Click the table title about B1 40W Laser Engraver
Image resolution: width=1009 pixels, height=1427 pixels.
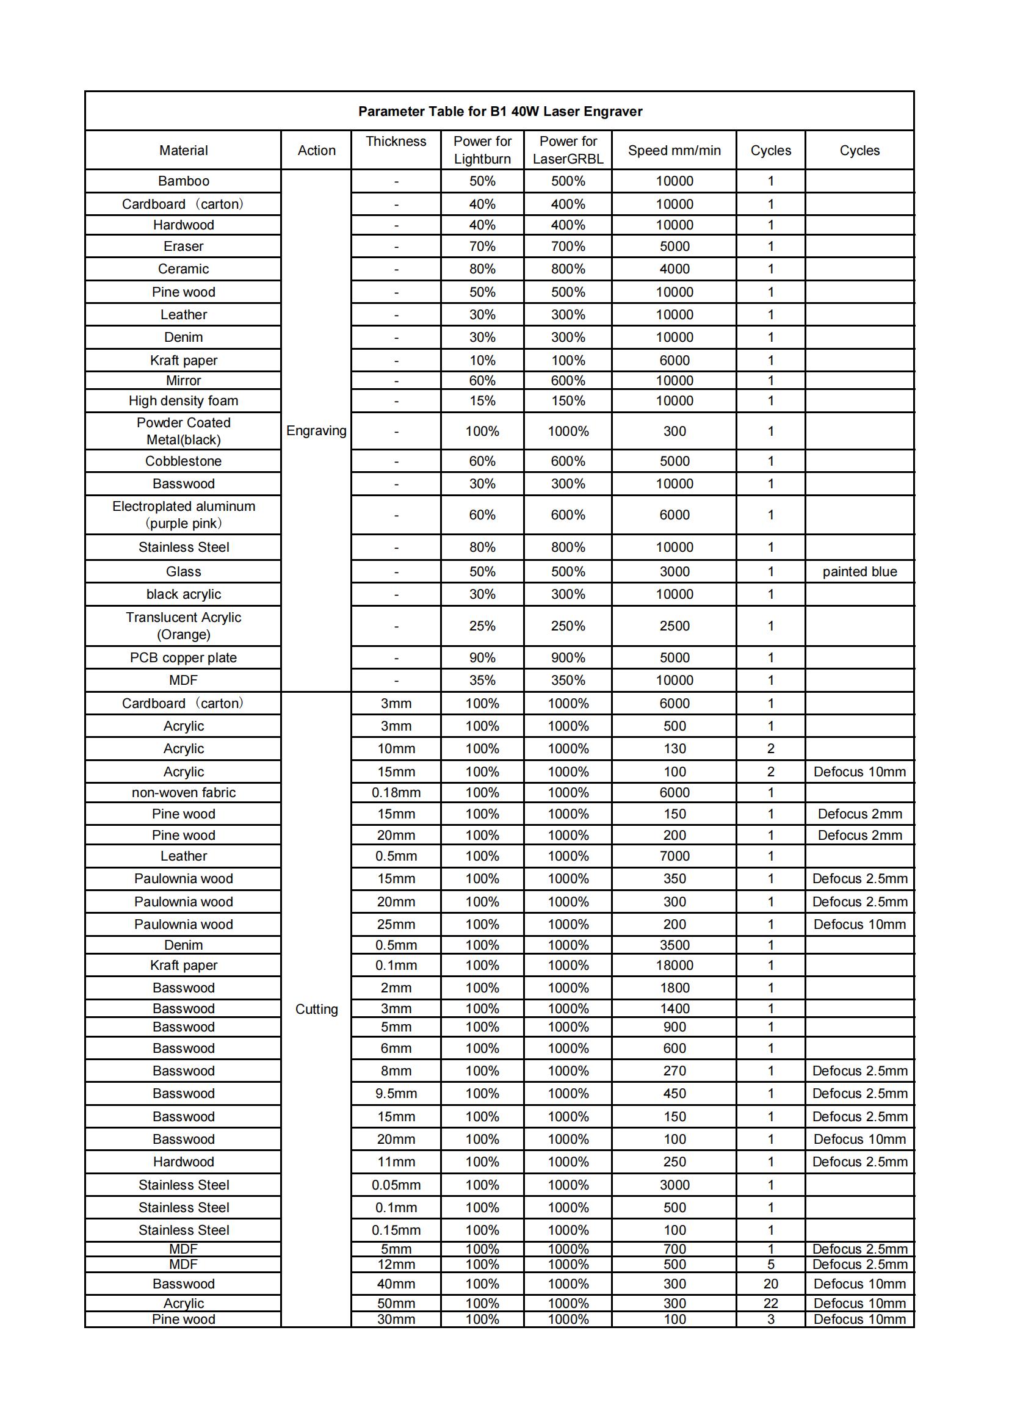tap(500, 111)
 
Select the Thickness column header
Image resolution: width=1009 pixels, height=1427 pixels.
tap(396, 142)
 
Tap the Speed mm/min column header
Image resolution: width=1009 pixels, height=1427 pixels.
tap(674, 150)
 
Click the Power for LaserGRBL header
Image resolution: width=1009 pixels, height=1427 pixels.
tap(568, 150)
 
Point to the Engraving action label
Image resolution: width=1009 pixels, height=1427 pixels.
tap(316, 431)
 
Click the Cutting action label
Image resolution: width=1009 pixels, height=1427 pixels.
tap(316, 1009)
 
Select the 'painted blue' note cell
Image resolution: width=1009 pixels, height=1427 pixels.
tap(859, 572)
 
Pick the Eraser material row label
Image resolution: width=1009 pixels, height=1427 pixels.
tap(183, 247)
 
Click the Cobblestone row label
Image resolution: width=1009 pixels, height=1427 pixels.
tap(183, 461)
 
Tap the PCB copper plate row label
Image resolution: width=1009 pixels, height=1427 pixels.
tap(183, 657)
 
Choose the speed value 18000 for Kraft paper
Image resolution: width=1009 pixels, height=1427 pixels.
tap(674, 965)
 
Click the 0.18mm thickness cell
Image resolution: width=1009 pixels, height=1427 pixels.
tap(396, 792)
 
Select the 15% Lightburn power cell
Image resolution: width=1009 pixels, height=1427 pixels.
tap(482, 401)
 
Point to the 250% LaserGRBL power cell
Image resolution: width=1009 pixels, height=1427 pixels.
tap(568, 626)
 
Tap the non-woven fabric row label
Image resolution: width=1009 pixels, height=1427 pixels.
tap(183, 792)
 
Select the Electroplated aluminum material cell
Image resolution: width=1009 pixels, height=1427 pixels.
tap(183, 515)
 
